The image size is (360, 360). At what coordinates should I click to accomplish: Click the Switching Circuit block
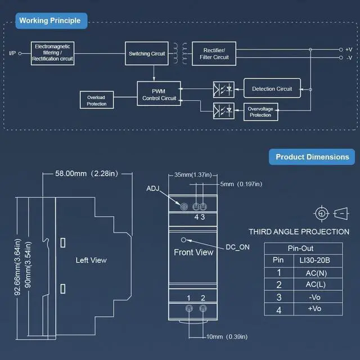coord(147,53)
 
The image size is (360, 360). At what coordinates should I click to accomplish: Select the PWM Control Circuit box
coord(159,93)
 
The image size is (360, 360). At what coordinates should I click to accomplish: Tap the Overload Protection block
coord(97,100)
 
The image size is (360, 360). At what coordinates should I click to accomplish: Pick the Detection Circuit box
coord(272,88)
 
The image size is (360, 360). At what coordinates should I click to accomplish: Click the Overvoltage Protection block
coord(261,112)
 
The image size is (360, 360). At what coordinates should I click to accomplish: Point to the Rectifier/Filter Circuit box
coord(214,53)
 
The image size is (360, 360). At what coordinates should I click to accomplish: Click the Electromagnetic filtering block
coord(52,53)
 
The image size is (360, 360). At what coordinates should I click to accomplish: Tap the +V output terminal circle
coord(341,49)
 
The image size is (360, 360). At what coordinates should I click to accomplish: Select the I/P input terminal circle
coord(20,53)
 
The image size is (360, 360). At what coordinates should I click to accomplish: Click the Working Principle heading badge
coord(51,21)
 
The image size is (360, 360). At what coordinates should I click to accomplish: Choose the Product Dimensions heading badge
coord(312,157)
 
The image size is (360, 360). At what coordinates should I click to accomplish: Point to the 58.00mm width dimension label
coord(87,174)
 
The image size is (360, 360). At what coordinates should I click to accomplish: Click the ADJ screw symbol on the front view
coord(184,207)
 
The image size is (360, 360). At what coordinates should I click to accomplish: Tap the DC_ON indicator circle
coord(183,240)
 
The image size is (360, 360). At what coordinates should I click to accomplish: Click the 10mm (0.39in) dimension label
coord(227,337)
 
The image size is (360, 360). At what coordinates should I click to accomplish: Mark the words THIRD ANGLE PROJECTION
coord(299,232)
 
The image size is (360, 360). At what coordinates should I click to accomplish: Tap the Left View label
coord(91,260)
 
